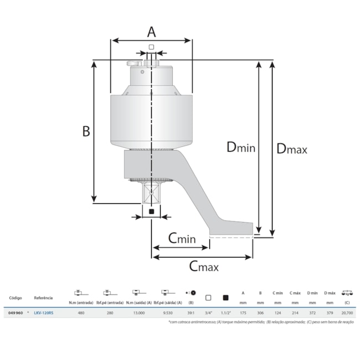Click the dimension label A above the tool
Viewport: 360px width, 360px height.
tap(151, 30)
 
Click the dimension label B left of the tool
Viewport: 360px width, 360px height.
tap(86, 131)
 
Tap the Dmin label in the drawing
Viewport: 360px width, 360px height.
tap(240, 147)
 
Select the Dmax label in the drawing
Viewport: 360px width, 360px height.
tap(291, 148)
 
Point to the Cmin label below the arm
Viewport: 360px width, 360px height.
tap(182, 238)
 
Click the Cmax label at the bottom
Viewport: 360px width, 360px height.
tap(204, 266)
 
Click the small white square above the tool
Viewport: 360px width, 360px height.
tap(151, 48)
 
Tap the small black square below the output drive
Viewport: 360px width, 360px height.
tap(151, 211)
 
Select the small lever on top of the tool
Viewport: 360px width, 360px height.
tap(135, 64)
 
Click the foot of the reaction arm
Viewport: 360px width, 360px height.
tap(231, 228)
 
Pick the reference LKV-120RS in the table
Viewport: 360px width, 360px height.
tap(44, 313)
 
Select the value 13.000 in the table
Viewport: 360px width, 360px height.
tap(139, 313)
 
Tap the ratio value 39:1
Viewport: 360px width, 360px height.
tap(191, 313)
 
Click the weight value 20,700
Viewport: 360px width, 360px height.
tap(348, 313)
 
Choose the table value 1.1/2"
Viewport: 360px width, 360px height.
tap(225, 313)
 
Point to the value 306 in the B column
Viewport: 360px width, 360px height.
tap(260, 313)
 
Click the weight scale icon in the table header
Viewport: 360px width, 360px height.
tap(348, 293)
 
